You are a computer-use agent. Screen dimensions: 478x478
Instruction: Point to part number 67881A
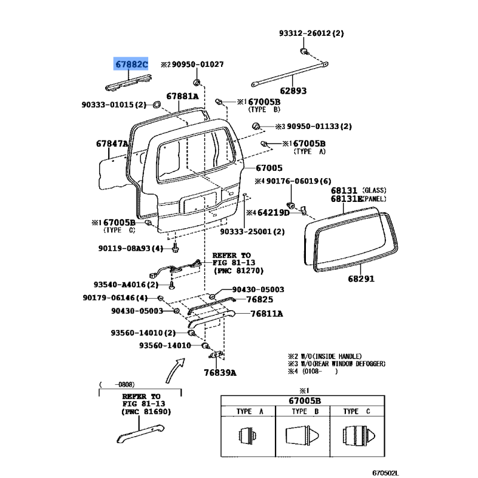click(182, 96)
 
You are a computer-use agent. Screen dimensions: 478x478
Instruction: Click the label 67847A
click(112, 144)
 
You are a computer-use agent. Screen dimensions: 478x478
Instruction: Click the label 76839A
click(220, 373)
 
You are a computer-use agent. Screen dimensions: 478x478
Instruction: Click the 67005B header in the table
click(302, 400)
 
